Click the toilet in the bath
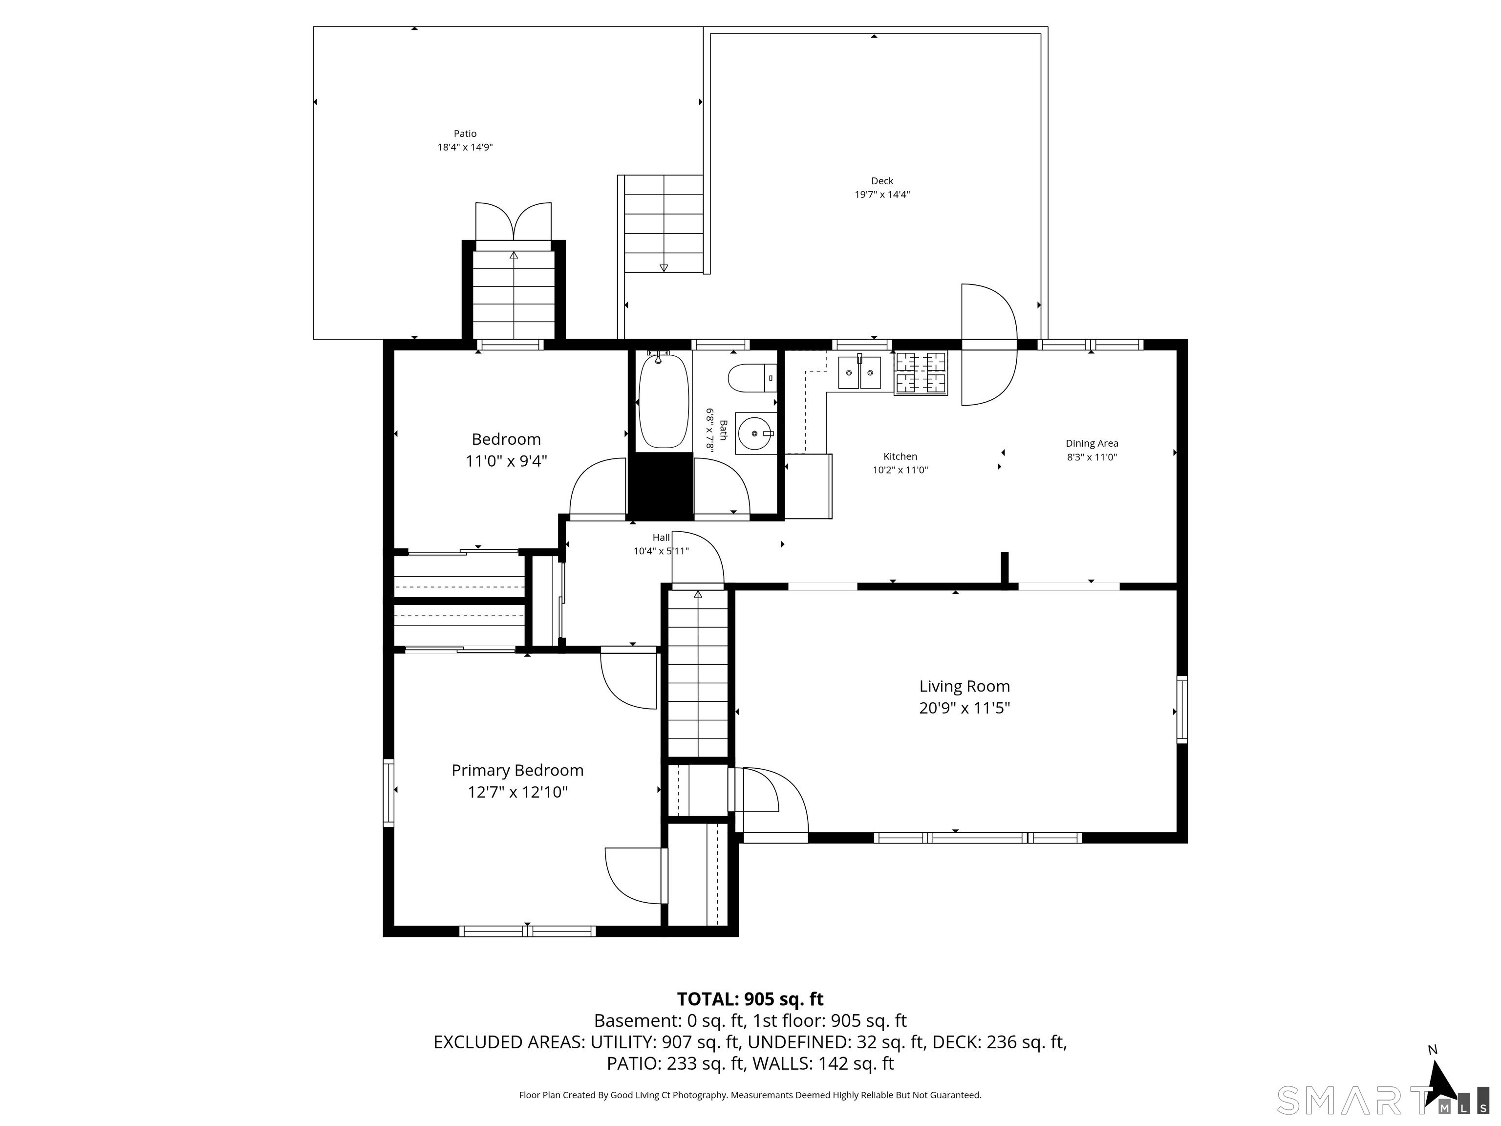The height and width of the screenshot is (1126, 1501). pos(750,378)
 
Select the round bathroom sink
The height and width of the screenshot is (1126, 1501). pos(754,433)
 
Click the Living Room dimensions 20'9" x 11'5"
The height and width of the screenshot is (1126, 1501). pos(964,708)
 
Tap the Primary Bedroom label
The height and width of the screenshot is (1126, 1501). pos(517,770)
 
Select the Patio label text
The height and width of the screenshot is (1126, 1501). pos(465,134)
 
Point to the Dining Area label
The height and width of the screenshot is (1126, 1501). pos(1091,443)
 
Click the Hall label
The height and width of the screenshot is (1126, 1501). pos(661,538)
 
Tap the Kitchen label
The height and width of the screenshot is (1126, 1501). pos(900,457)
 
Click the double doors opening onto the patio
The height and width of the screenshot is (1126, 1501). pos(513,222)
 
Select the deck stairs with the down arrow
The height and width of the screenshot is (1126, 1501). pos(664,224)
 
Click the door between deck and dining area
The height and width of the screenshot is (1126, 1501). pos(988,345)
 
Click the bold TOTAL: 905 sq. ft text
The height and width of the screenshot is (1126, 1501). pos(750,999)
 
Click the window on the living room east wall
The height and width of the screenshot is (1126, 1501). pos(1181,709)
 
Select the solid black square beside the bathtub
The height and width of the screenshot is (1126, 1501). pos(660,485)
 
